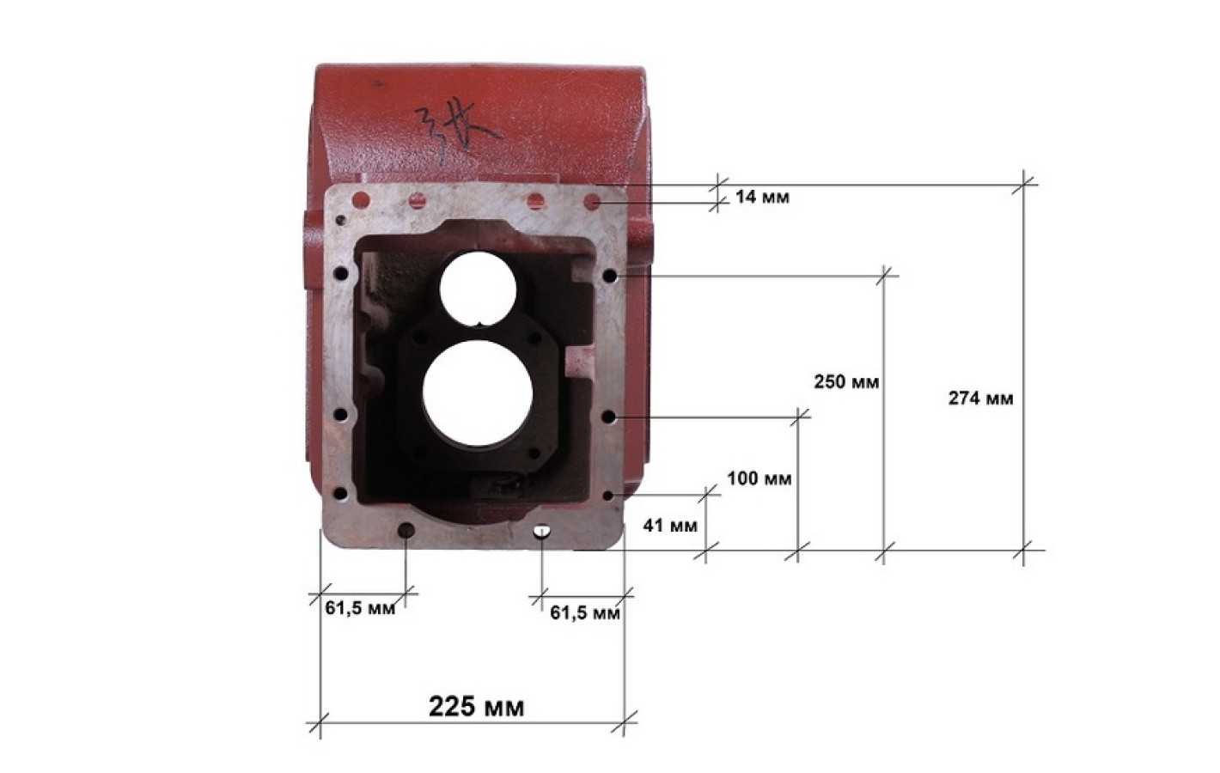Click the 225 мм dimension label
click(477, 707)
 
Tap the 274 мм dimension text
click(981, 399)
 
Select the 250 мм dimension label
click(846, 382)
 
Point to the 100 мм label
click(759, 478)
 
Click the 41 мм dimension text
click(670, 526)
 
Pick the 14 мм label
click(762, 197)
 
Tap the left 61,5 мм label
click(360, 608)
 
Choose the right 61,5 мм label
click(585, 613)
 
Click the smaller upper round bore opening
click(479, 289)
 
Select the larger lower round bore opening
click(478, 394)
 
